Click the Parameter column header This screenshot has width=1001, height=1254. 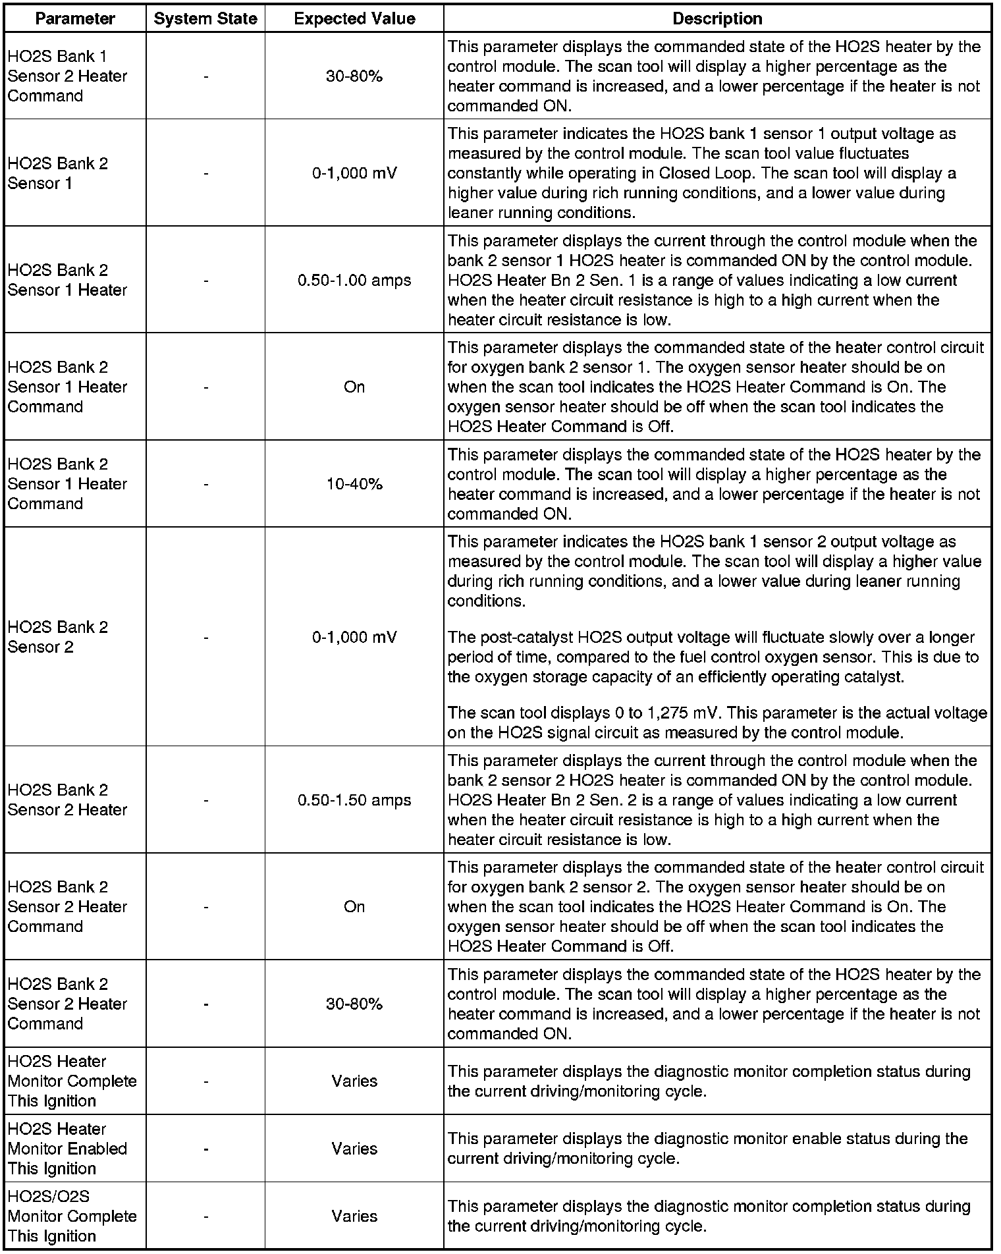point(74,19)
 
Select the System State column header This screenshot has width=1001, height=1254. point(205,19)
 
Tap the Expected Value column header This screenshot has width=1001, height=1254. point(354,19)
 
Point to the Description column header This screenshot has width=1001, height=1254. point(717,19)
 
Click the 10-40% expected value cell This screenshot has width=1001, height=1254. point(354,484)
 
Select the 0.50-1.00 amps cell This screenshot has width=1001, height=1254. point(354,281)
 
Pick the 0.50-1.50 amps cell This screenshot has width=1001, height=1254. point(354,800)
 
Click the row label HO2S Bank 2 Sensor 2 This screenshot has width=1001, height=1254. point(57,637)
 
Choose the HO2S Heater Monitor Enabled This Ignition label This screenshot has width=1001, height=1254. point(67,1149)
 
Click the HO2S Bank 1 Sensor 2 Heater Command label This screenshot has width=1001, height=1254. point(67,76)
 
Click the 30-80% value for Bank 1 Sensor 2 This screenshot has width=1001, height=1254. point(354,76)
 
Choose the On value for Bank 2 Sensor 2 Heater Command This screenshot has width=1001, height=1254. point(354,907)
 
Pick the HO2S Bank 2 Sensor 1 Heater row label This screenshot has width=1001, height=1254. point(67,281)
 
